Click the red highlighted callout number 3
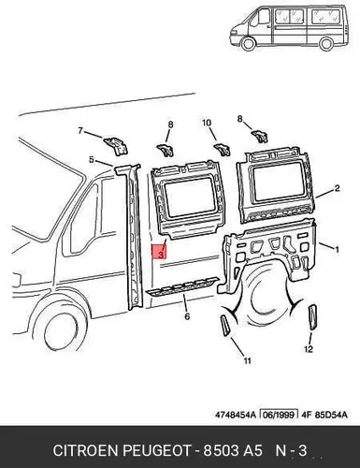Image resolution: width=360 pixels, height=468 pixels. point(160,252)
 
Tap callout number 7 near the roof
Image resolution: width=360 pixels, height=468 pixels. point(80,131)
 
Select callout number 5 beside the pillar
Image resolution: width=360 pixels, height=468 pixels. point(92,160)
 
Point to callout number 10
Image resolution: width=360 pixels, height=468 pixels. point(207,123)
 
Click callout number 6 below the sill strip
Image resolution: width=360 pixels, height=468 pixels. point(187,316)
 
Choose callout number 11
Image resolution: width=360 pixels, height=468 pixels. point(247,360)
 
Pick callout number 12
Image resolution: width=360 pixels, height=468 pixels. point(309,349)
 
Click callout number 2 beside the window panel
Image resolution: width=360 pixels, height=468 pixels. point(337,188)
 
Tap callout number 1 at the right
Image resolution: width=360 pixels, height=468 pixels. point(337,250)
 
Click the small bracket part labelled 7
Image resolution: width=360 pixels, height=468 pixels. point(116,145)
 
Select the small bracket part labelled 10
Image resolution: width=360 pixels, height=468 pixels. point(222,149)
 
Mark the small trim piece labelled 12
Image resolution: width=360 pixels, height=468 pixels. point(312,317)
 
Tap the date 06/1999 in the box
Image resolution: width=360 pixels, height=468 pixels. point(279,415)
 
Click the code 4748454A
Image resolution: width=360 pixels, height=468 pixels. point(235,415)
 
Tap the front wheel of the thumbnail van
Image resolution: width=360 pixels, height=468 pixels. point(249,43)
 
